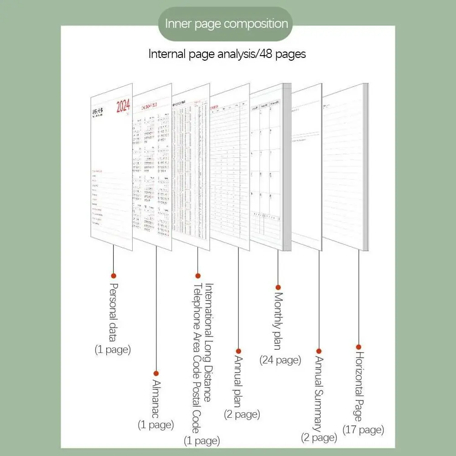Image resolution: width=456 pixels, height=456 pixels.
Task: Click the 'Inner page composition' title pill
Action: point(227,24)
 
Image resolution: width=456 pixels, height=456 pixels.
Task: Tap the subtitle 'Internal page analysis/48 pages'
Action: point(227,54)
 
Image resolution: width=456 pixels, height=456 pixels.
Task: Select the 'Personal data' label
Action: point(114,312)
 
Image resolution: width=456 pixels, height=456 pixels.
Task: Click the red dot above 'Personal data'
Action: point(114,275)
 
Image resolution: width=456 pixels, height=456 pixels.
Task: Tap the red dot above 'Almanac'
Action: point(156,373)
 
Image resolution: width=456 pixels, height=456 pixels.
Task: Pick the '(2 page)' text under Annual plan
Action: point(242,414)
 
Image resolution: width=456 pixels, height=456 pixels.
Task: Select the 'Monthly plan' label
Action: point(278,321)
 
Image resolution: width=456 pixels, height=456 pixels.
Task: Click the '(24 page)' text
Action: point(280,360)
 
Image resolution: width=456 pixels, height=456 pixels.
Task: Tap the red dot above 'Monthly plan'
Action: point(278,287)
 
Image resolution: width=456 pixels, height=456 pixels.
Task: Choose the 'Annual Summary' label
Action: point(318,393)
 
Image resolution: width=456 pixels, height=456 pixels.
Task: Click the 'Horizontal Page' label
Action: point(358,387)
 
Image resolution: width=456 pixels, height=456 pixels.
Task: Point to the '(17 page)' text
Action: point(363,429)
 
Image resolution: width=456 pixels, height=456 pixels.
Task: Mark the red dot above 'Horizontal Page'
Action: point(358,347)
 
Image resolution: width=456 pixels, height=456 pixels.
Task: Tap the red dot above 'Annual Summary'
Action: point(319,351)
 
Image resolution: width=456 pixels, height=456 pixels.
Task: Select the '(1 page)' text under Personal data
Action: point(113,350)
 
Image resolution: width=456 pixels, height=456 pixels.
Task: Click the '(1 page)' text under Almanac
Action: point(156,425)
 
